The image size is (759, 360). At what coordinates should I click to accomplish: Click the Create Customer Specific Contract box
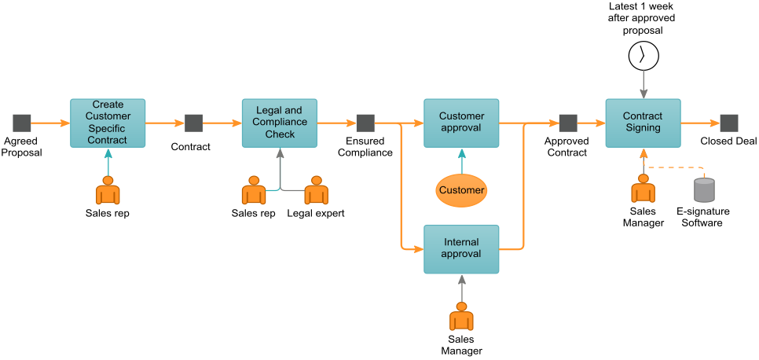pyautogui.click(x=108, y=123)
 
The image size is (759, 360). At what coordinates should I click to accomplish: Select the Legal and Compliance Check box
pyautogui.click(x=279, y=123)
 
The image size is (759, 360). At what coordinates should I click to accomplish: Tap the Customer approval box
pyautogui.click(x=461, y=123)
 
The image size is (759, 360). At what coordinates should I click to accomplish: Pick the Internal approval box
pyautogui.click(x=461, y=248)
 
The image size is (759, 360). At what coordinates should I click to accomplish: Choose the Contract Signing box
pyautogui.click(x=642, y=123)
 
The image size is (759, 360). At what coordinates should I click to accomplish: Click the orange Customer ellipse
pyautogui.click(x=461, y=190)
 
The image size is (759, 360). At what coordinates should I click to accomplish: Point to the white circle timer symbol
pyautogui.click(x=643, y=56)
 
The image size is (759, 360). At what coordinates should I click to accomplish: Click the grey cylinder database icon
pyautogui.click(x=704, y=190)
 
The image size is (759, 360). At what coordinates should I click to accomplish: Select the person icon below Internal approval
pyautogui.click(x=461, y=317)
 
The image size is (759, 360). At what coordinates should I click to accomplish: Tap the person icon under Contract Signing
pyautogui.click(x=643, y=189)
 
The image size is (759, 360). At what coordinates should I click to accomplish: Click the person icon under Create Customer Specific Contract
pyautogui.click(x=108, y=191)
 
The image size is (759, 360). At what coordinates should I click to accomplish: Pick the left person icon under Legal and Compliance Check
pyautogui.click(x=253, y=191)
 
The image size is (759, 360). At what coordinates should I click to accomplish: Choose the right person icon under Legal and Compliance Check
pyautogui.click(x=316, y=191)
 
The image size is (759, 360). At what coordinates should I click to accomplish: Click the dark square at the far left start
pyautogui.click(x=22, y=123)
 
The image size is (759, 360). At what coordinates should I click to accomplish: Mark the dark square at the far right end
pyautogui.click(x=729, y=123)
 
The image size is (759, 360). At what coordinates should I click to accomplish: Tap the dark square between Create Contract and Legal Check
pyautogui.click(x=193, y=123)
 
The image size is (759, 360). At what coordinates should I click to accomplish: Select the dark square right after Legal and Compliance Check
pyautogui.click(x=365, y=123)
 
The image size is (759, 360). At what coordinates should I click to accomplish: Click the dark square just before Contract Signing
pyautogui.click(x=568, y=123)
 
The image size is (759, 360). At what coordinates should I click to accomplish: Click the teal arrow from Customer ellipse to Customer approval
pyautogui.click(x=461, y=161)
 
